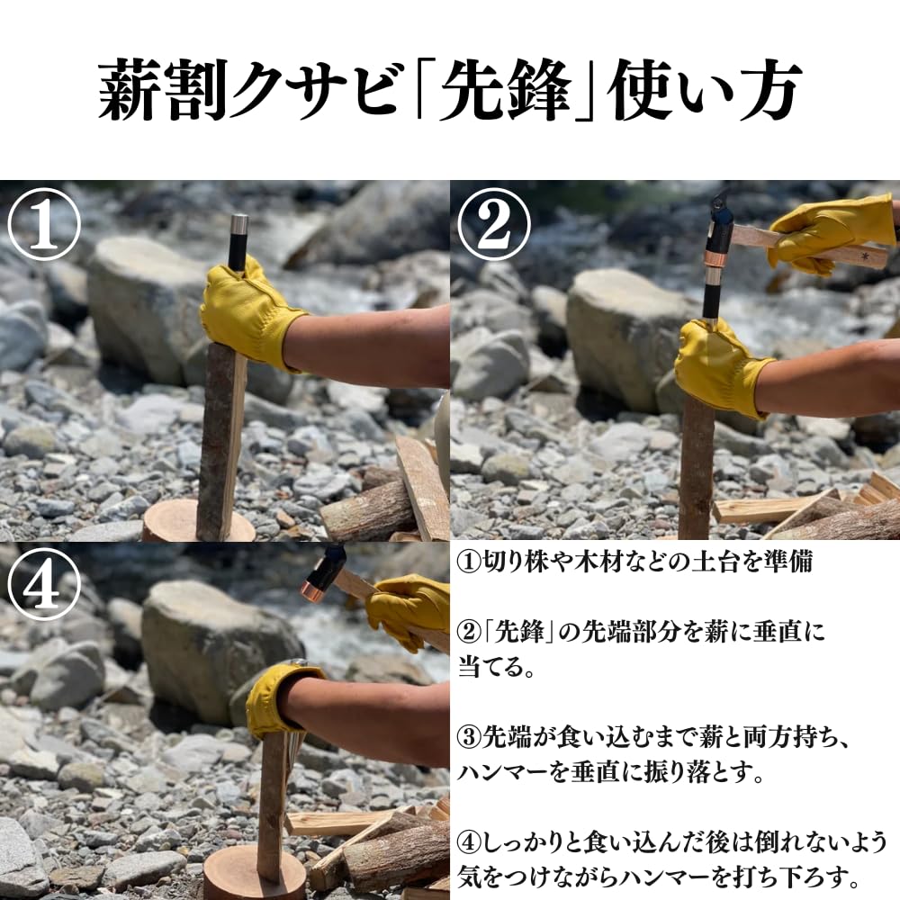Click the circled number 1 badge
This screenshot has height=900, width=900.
pos(44,226)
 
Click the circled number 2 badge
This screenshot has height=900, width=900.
pos(494,226)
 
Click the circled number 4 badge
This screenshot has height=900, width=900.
pos(44,586)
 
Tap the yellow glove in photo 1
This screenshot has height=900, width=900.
pos(247,310)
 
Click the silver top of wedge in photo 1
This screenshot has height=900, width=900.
pos(239,225)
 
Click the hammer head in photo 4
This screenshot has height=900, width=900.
pos(323,571)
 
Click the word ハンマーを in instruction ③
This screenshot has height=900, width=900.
pos(517,772)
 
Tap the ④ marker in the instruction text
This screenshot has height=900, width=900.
pos(470,843)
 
